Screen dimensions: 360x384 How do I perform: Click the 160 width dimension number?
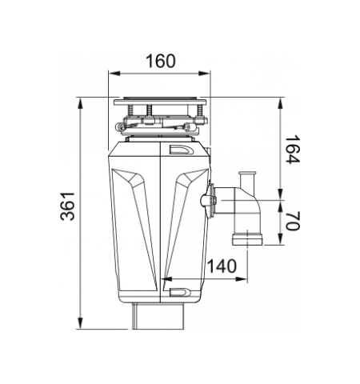pos(161,61)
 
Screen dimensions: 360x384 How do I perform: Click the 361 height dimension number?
pos(67,206)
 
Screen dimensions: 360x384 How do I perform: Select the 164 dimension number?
pos(293,150)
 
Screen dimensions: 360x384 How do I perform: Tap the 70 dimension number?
pos(293,221)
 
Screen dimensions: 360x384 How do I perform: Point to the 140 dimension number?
pos(222,266)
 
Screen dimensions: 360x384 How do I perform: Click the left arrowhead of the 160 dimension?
pos(114,74)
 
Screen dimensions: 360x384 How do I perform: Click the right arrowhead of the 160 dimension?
pos(204,74)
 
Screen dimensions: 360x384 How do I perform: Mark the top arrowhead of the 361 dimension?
pos(80,103)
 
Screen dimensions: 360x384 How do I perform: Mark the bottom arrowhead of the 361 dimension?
pos(80,323)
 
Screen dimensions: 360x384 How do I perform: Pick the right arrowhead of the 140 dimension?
pos(242,279)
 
